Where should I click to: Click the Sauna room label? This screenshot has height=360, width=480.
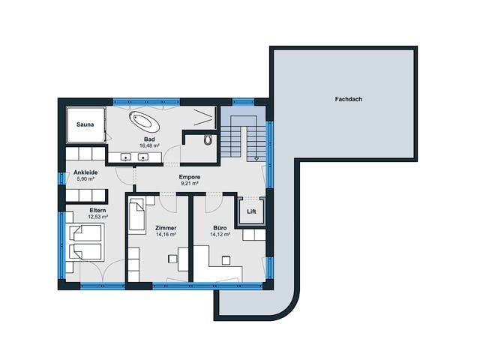point(85,124)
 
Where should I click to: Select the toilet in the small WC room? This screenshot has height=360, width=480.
point(208,139)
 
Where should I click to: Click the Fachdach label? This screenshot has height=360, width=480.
point(348,99)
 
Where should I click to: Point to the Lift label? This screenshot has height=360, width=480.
point(251,211)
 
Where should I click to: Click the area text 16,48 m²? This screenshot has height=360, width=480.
point(149,145)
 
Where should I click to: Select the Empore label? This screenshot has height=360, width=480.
point(190,177)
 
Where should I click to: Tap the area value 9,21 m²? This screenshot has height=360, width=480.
point(190,183)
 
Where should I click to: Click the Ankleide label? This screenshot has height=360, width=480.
point(85,172)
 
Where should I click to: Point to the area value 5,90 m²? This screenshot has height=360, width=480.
point(85,179)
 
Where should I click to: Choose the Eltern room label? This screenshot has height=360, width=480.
point(98,210)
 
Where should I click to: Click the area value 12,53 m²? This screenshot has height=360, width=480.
point(98,217)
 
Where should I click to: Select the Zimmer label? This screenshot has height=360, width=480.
point(166,228)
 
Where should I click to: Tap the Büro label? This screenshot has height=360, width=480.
point(220,228)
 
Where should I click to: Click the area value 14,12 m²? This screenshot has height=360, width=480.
point(220,235)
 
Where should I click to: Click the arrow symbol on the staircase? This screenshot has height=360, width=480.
point(256,158)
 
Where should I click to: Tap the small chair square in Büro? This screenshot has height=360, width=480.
point(226,260)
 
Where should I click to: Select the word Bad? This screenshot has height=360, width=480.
point(149,139)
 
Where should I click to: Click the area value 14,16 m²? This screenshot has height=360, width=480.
point(166,235)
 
